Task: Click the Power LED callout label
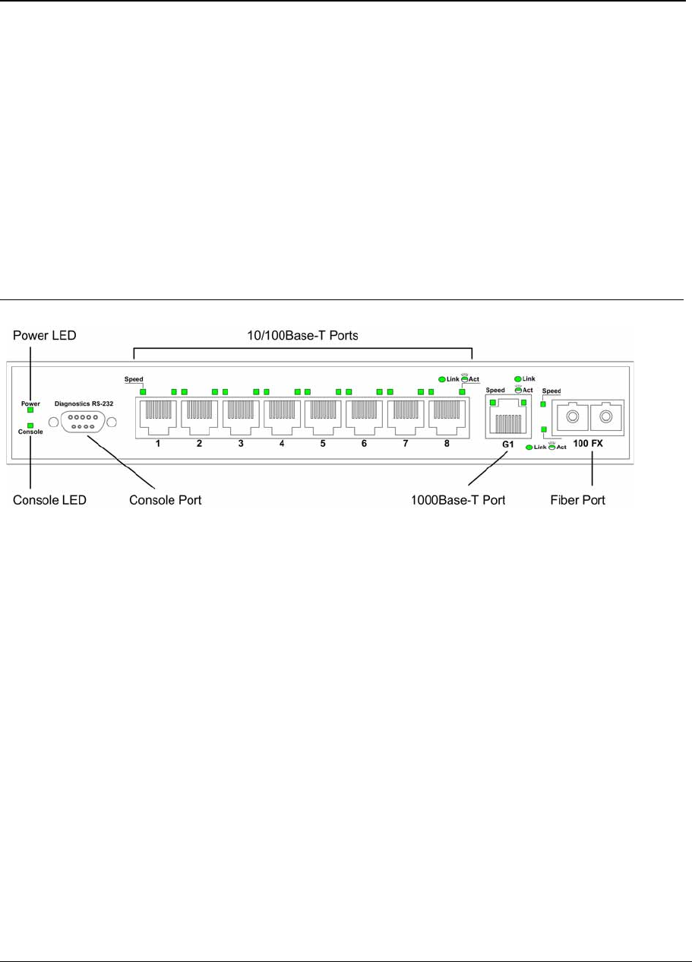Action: (45, 335)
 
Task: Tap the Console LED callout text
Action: (49, 501)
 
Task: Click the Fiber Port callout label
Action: (577, 501)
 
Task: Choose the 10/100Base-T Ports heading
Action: (302, 335)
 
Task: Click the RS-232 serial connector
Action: (81, 421)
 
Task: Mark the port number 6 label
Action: (364, 443)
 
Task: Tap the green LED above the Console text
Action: (30, 426)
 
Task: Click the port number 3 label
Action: (240, 443)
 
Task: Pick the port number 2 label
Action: (199, 443)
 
